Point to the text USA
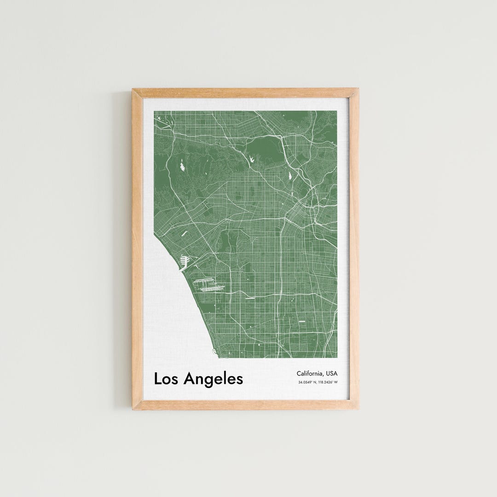click(331, 373)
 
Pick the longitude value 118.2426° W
click(328, 382)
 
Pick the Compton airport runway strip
click(302, 321)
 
